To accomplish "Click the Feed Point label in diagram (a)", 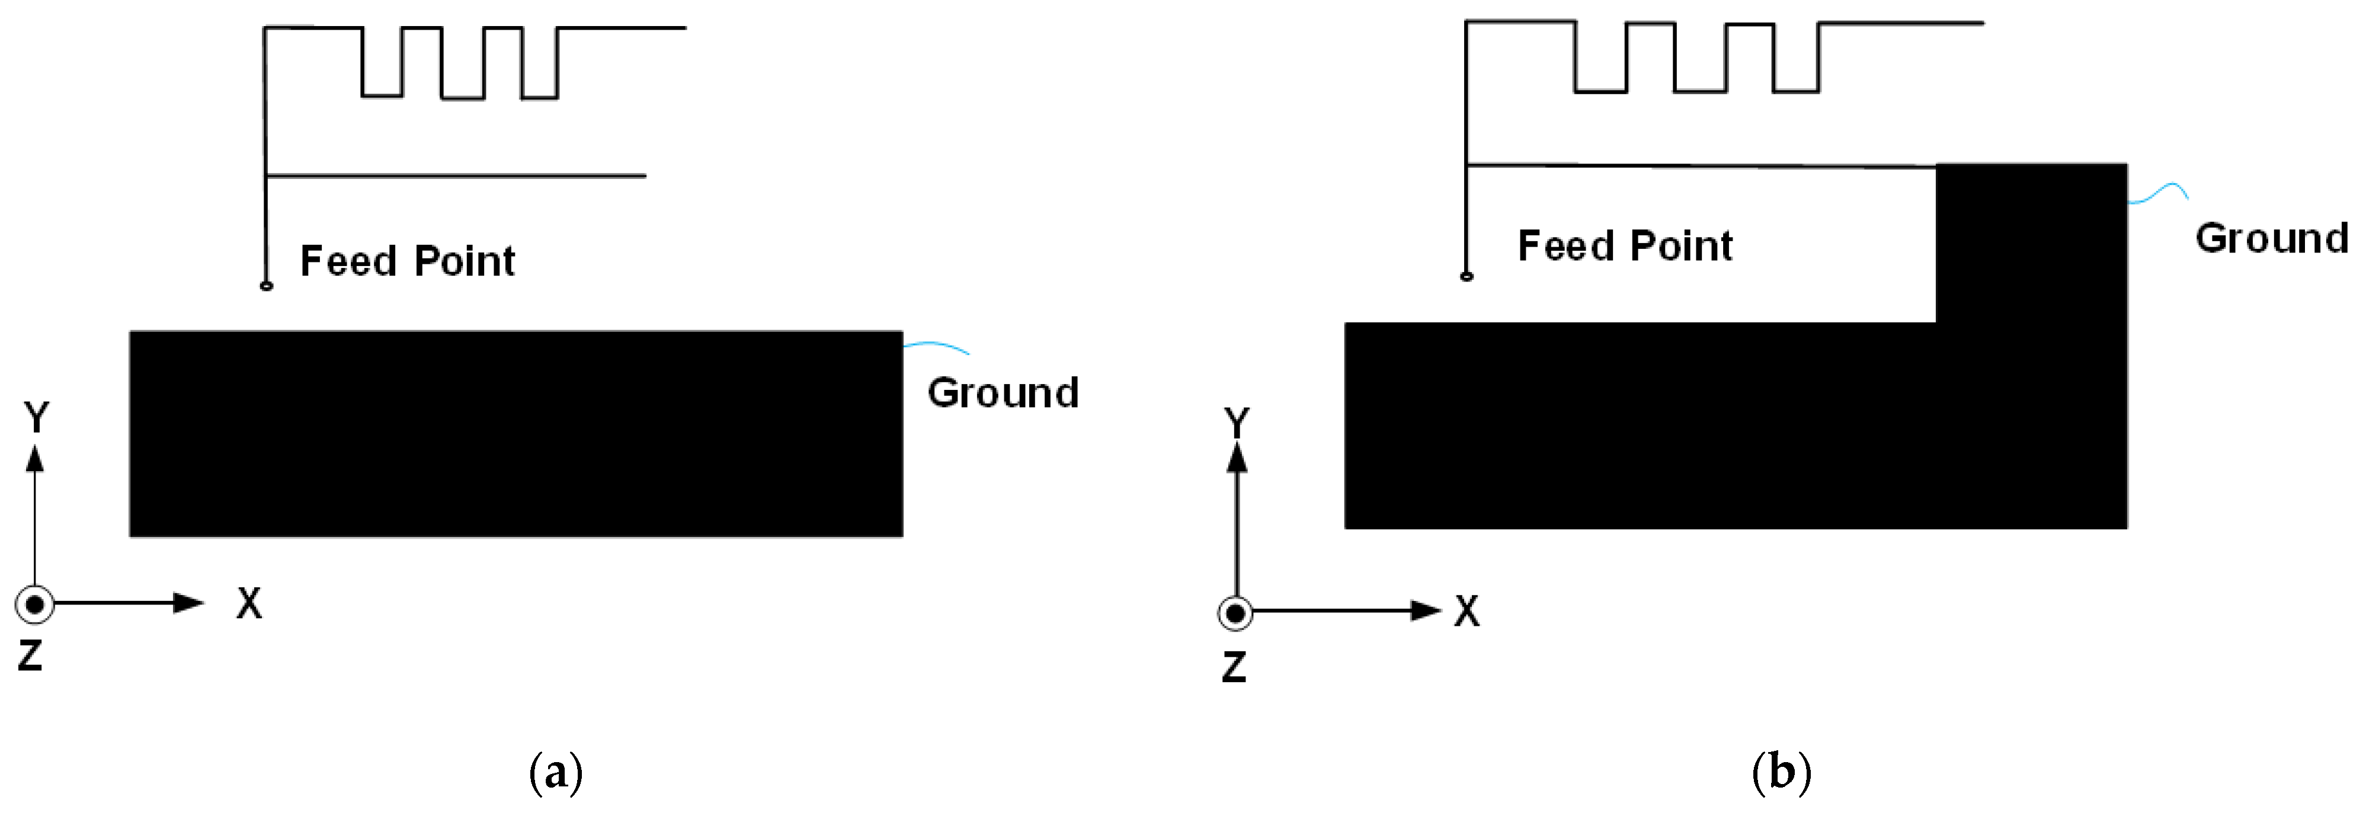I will click(x=407, y=262).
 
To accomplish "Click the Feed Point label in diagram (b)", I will click(x=1625, y=246).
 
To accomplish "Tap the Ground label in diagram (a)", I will click(x=1003, y=393).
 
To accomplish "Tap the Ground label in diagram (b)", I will click(x=2271, y=239).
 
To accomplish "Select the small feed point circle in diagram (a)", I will click(x=267, y=286).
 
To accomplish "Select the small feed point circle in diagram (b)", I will click(x=1467, y=276).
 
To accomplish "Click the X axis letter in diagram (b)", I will click(x=1467, y=612).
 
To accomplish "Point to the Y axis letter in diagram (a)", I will click(x=36, y=418).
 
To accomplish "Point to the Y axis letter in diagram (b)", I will click(x=1237, y=423).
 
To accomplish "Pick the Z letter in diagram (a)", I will click(x=30, y=655).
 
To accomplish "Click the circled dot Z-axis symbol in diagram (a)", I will click(x=35, y=604).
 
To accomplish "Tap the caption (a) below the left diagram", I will click(x=556, y=773).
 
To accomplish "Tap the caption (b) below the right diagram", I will click(x=1781, y=773).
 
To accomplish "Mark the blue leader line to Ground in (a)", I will click(x=936, y=346).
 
